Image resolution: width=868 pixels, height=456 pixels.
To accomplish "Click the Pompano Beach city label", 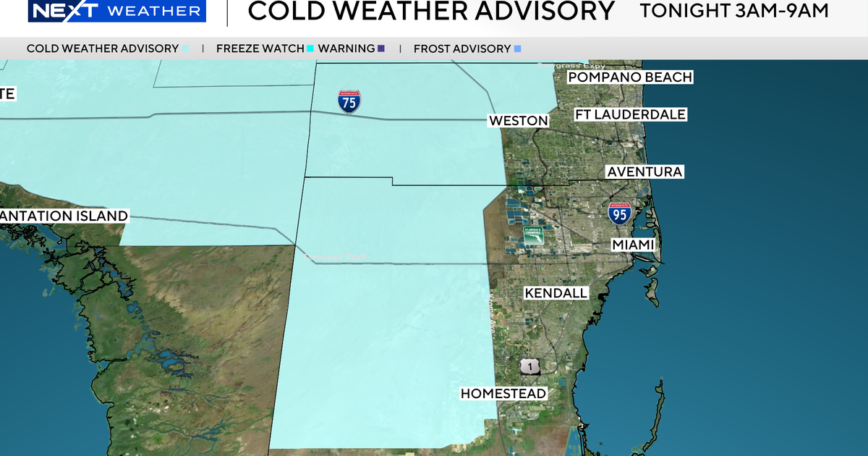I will [x=630, y=77].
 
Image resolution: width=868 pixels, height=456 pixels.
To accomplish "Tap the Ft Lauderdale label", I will [x=630, y=114].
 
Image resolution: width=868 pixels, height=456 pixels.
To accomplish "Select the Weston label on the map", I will [x=518, y=120].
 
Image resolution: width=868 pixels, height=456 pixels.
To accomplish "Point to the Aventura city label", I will [x=644, y=172].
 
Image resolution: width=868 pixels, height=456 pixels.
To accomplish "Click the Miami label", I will [x=633, y=245].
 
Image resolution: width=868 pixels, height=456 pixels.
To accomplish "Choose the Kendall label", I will [x=556, y=293].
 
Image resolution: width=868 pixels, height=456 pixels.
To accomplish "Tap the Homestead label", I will [x=503, y=394].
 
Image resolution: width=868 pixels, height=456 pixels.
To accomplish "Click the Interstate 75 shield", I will [x=349, y=102].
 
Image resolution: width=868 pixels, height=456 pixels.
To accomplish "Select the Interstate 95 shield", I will [x=620, y=213].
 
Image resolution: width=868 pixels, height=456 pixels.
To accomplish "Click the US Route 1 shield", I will [x=529, y=367].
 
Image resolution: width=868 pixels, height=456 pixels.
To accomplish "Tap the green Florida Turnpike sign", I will [x=534, y=235].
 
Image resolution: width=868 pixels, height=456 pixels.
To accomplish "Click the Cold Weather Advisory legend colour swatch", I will [x=186, y=48].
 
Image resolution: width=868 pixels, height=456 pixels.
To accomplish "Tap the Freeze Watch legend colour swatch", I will [x=310, y=48].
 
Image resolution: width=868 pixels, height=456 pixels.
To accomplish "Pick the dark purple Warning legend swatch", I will [x=381, y=48].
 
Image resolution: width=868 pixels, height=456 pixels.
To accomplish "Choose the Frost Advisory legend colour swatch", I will [x=516, y=48].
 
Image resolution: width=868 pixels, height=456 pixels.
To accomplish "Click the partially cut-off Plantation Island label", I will [x=64, y=216].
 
